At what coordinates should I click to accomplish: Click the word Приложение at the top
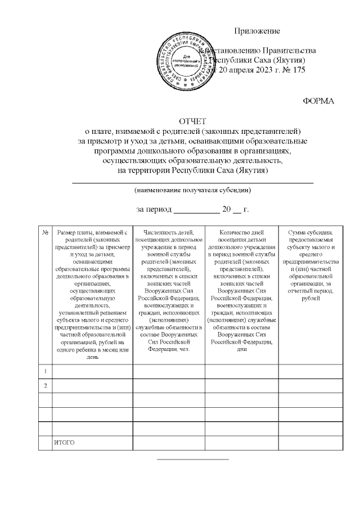point(256,30)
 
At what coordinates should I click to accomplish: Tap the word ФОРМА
point(318,101)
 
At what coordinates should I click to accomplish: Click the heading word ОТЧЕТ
point(193,121)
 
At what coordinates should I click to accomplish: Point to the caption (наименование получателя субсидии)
point(192,190)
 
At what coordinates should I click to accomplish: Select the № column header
point(45,232)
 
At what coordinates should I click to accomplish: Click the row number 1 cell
point(45,371)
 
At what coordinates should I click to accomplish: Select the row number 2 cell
point(45,386)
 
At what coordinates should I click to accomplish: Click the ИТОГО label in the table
point(64,443)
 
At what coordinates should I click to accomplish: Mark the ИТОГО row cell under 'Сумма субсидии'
point(311,443)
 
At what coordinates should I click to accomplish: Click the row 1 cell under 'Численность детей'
point(169,371)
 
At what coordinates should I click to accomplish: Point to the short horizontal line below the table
point(192,460)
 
